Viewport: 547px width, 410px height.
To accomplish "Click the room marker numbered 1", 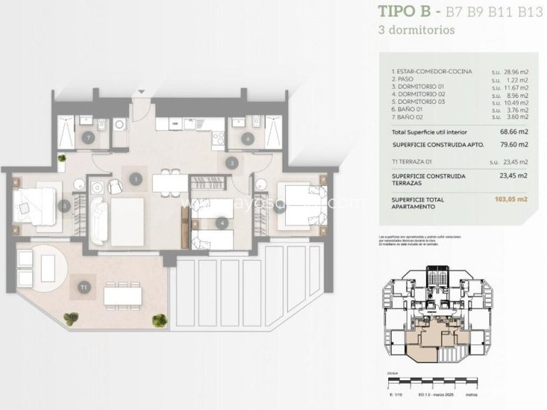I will [135, 180].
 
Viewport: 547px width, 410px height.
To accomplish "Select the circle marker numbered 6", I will [247, 140].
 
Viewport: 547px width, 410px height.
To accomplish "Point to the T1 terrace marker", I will [84, 287].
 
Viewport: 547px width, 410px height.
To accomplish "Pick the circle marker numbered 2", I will [231, 162].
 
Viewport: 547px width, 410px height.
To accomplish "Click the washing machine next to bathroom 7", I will [120, 124].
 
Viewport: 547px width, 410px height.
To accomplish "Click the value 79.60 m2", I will [512, 144].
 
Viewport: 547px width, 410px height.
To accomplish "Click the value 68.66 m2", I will [512, 132].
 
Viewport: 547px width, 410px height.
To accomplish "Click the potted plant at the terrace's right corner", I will [159, 319].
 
